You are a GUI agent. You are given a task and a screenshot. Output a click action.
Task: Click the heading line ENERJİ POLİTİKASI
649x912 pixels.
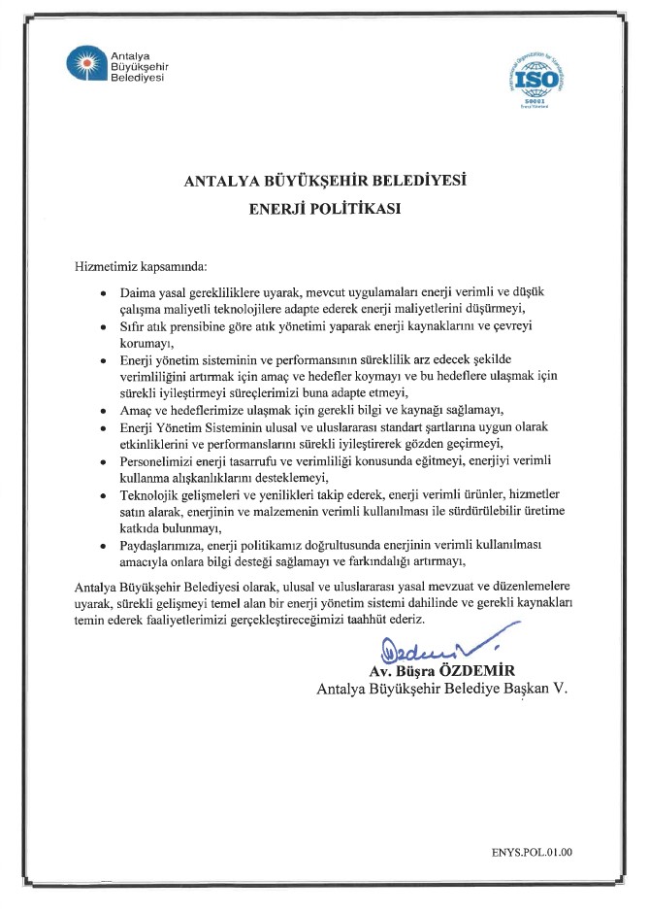[x=324, y=207]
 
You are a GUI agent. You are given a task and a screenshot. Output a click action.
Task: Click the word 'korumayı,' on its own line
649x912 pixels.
[x=146, y=344]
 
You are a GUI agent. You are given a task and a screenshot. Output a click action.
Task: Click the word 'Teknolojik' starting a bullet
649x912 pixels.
[x=151, y=495]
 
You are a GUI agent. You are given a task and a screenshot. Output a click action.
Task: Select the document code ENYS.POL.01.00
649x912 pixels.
[x=532, y=853]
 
